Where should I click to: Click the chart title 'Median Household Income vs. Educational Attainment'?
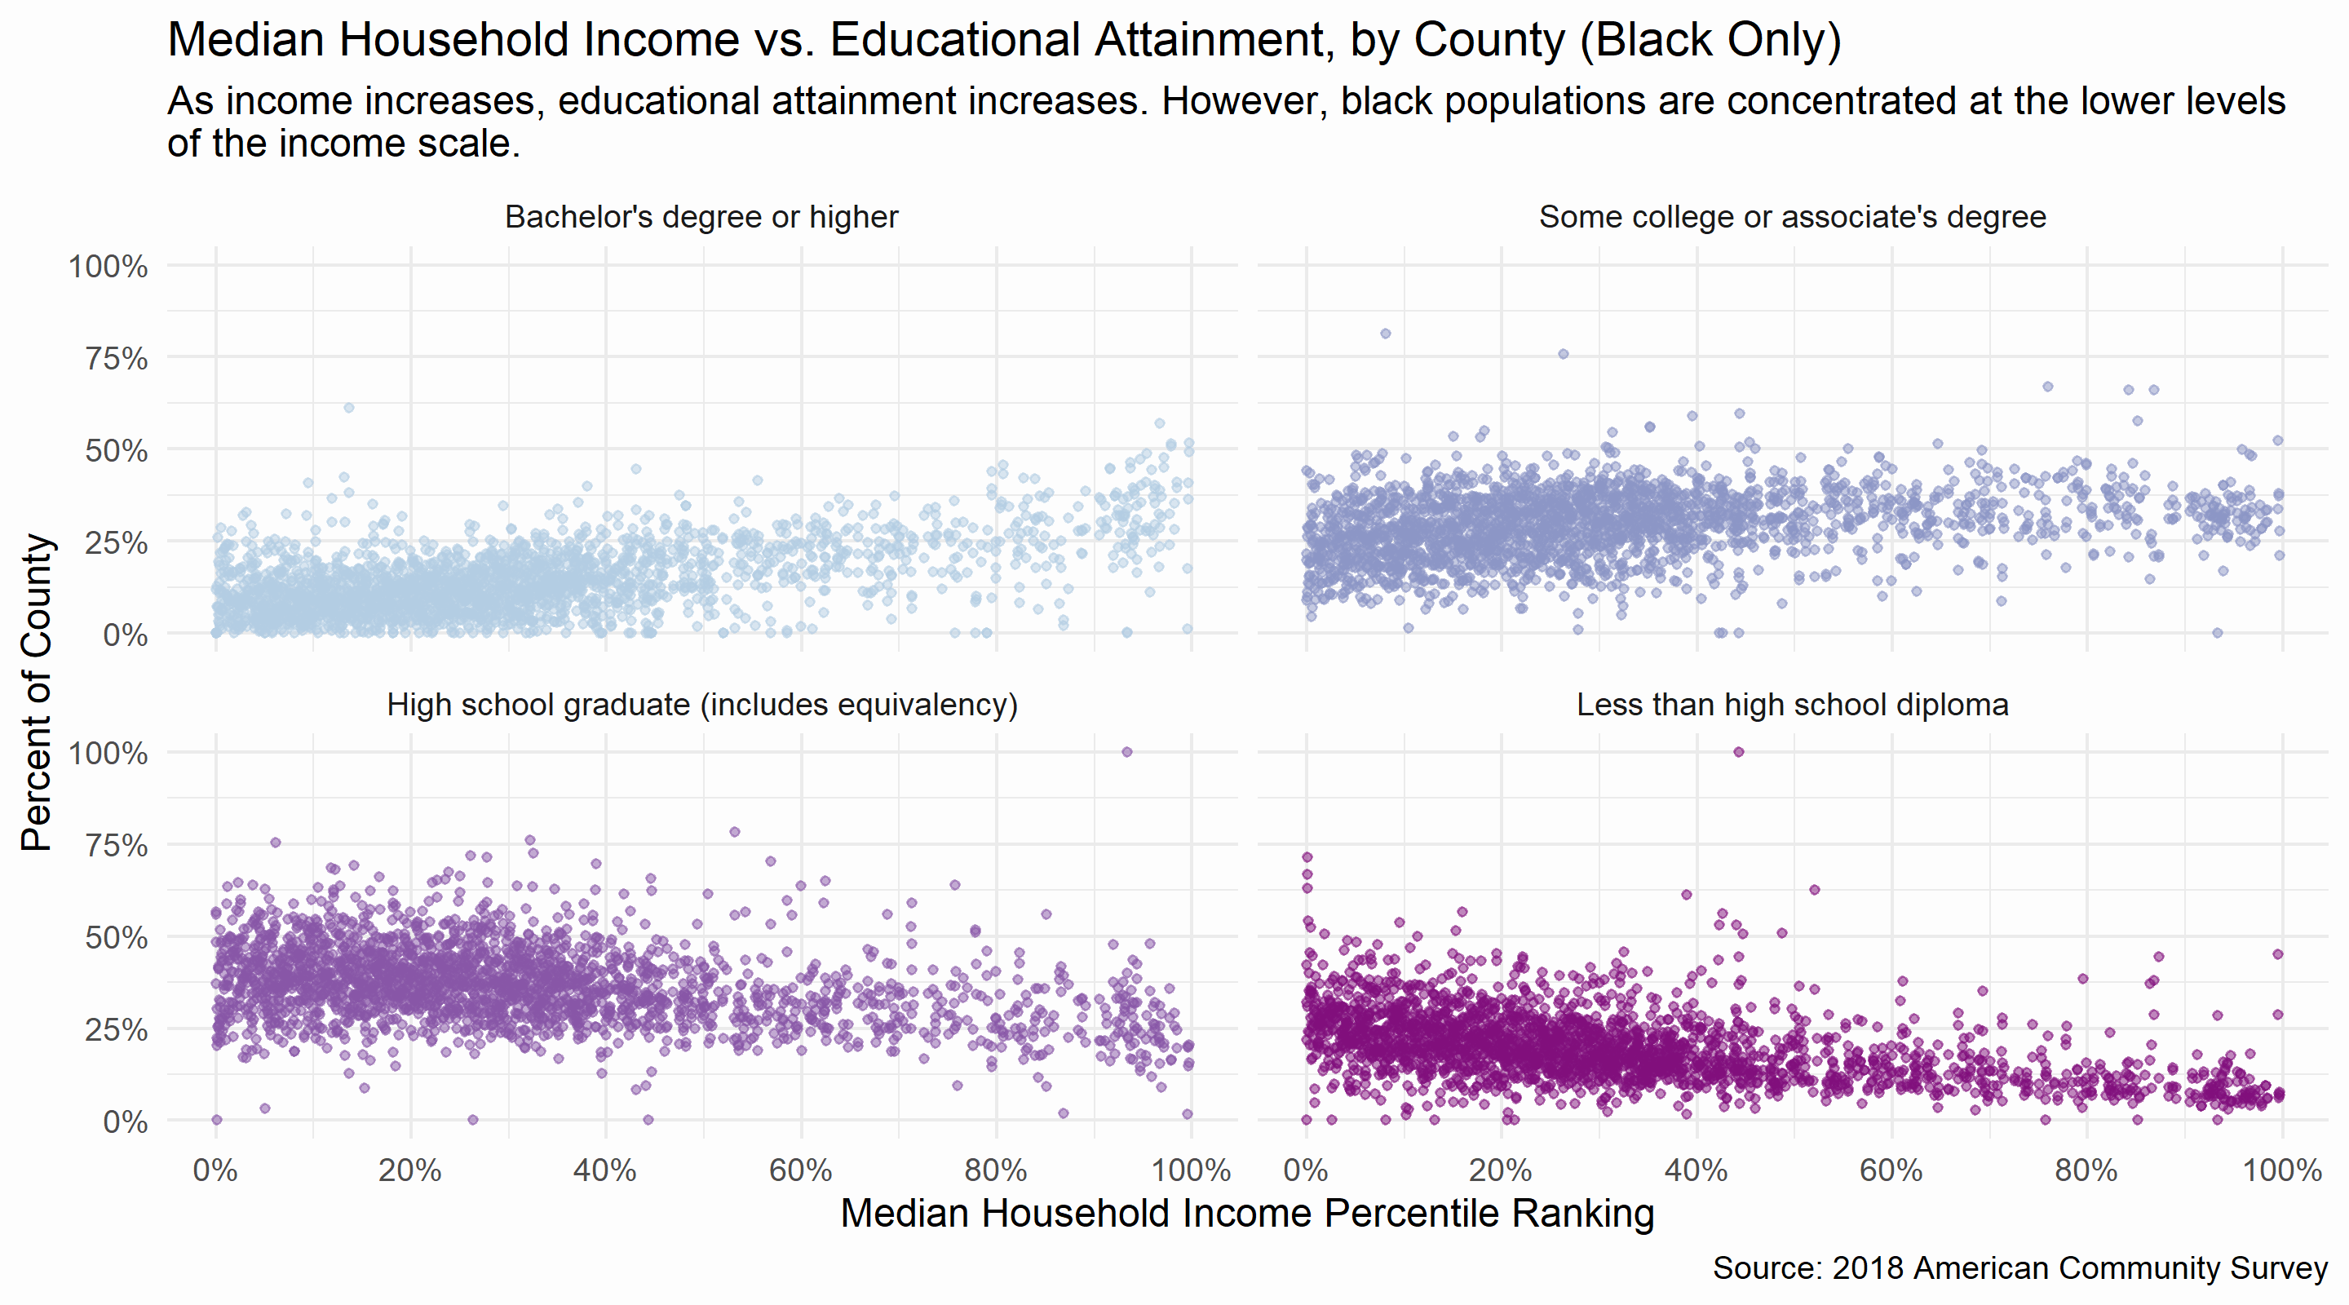pyautogui.click(x=1003, y=40)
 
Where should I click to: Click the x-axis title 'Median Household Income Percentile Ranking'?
pyautogui.click(x=1246, y=1214)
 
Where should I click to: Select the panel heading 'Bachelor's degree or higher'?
pyautogui.click(x=701, y=217)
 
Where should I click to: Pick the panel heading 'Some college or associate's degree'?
pyautogui.click(x=1792, y=217)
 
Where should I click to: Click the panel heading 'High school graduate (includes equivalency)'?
pyautogui.click(x=701, y=705)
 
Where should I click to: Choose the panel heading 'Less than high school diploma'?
pyautogui.click(x=1792, y=705)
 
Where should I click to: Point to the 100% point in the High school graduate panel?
pyautogui.click(x=1126, y=752)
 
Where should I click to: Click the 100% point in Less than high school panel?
pyautogui.click(x=1738, y=752)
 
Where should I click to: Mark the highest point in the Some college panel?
pyautogui.click(x=1385, y=334)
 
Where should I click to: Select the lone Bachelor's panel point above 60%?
pyautogui.click(x=348, y=408)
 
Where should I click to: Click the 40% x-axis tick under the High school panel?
pyautogui.click(x=604, y=1170)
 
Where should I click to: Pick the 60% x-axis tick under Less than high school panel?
pyautogui.click(x=1891, y=1170)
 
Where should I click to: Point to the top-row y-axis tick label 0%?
pyautogui.click(x=125, y=635)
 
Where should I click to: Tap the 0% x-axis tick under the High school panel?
pyautogui.click(x=215, y=1170)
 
